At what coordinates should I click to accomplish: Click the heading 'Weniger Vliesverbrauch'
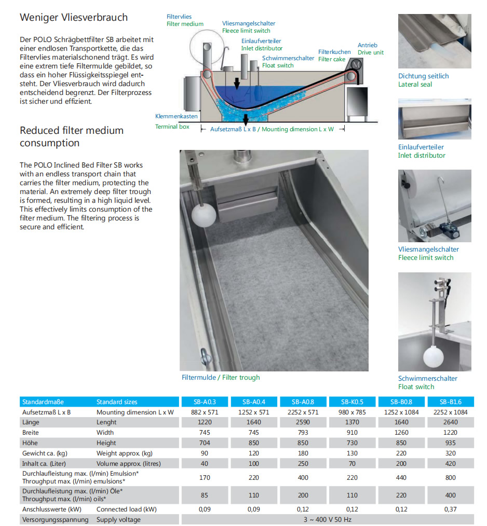click(x=74, y=17)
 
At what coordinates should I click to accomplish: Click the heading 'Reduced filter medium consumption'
click(x=71, y=136)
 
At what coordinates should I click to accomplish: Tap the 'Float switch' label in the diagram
click(x=278, y=65)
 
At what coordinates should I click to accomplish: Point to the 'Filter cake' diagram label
click(x=332, y=59)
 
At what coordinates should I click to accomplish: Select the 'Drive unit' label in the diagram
click(x=371, y=52)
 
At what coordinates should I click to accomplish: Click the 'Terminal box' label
click(x=172, y=127)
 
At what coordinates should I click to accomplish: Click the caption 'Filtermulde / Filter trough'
click(x=221, y=377)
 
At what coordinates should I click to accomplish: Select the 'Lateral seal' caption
click(x=415, y=84)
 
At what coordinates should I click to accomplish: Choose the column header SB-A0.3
click(x=204, y=402)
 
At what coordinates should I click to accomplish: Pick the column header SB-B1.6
click(x=450, y=402)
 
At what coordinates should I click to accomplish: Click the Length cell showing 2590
click(x=303, y=422)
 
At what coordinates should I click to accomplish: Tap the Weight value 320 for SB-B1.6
click(x=450, y=453)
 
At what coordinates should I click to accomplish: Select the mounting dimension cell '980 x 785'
click(x=351, y=412)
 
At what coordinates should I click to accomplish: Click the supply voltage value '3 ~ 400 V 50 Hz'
click(x=327, y=519)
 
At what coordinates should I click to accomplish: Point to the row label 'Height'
click(x=107, y=442)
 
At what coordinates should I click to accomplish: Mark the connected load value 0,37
click(x=450, y=509)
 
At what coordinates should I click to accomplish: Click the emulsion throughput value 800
click(x=450, y=477)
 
